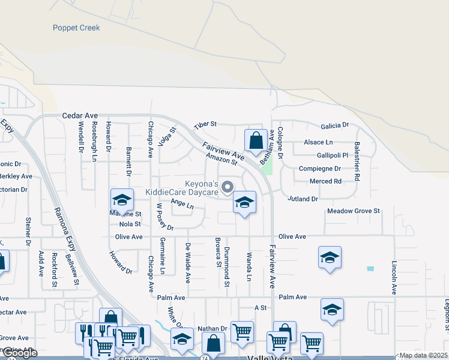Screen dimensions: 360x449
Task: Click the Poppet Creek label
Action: click(x=76, y=28)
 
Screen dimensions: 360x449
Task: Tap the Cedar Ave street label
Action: click(x=80, y=115)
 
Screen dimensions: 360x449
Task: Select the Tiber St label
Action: click(x=204, y=125)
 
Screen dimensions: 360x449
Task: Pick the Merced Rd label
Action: click(x=325, y=181)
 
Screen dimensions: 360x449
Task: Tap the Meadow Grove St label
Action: click(x=354, y=211)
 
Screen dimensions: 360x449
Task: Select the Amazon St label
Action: click(x=221, y=159)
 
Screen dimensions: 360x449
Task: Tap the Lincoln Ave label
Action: click(x=394, y=277)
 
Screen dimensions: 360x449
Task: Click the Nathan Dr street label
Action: click(x=212, y=329)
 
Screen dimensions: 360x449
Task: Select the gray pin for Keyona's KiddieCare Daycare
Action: click(x=228, y=187)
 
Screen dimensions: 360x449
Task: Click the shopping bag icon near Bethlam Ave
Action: click(x=256, y=141)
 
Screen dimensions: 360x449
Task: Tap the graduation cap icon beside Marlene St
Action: click(x=122, y=200)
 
